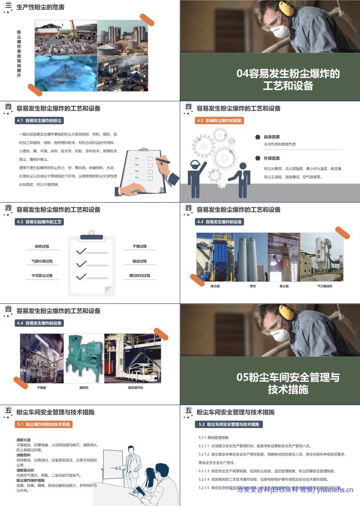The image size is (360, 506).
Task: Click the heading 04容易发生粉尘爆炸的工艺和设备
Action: pos(288,79)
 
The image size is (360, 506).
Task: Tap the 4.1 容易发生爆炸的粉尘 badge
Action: pos(39,121)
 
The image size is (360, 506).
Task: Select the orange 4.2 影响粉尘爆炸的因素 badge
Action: pos(220,121)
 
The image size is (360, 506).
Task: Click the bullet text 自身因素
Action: pos(272,137)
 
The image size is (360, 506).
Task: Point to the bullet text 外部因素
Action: pos(272,158)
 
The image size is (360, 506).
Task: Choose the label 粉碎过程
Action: pos(42,246)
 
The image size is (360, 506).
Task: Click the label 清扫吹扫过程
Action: pos(139,276)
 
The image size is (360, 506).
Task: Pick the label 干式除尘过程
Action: pos(42,276)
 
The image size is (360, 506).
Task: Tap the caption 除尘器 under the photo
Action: pos(215,286)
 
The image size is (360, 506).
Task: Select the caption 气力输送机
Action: pos(324,286)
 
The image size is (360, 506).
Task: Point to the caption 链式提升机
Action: pos(135,387)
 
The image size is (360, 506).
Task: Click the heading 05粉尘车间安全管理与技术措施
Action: pos(288,383)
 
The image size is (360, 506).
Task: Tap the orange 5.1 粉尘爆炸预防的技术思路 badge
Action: pos(44,424)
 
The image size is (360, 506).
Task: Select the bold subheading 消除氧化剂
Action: pos(25,470)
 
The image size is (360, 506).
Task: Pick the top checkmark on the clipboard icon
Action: pos(82,251)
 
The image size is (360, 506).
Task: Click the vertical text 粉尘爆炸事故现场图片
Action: pos(19,53)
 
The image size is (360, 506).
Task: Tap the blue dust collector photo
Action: pos(215,257)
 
